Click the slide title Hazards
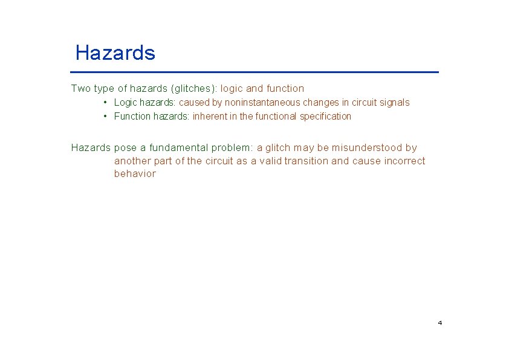(x=115, y=53)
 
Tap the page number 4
(x=439, y=323)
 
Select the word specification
(x=325, y=117)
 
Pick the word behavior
(x=135, y=174)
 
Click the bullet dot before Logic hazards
(x=105, y=103)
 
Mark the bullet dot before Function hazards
(x=105, y=117)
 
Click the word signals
(x=394, y=103)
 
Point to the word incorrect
(x=404, y=161)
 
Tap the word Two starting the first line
(x=80, y=89)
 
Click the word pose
(x=125, y=148)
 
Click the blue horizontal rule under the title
(x=254, y=72)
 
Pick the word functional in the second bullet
(x=276, y=117)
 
